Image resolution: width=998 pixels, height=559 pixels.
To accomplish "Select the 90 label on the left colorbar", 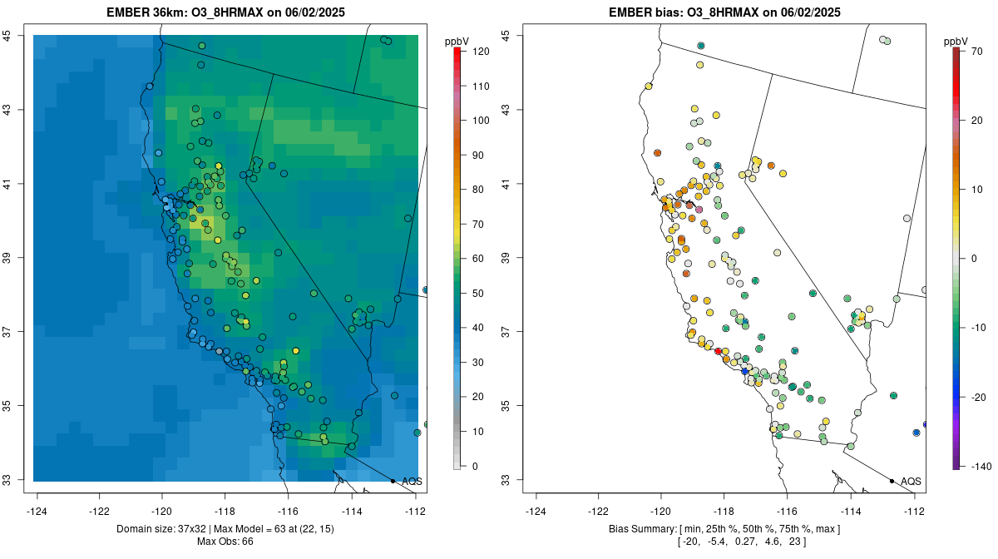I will (478, 156).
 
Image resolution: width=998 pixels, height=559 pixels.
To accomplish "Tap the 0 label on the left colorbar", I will (475, 466).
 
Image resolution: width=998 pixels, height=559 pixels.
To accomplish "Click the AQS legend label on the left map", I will (412, 482).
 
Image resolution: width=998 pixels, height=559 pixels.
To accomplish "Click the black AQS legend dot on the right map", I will (892, 481).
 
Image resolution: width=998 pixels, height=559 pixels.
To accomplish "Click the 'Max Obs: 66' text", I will (225, 542).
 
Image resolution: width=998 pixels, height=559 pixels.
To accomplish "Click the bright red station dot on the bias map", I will (719, 351).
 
